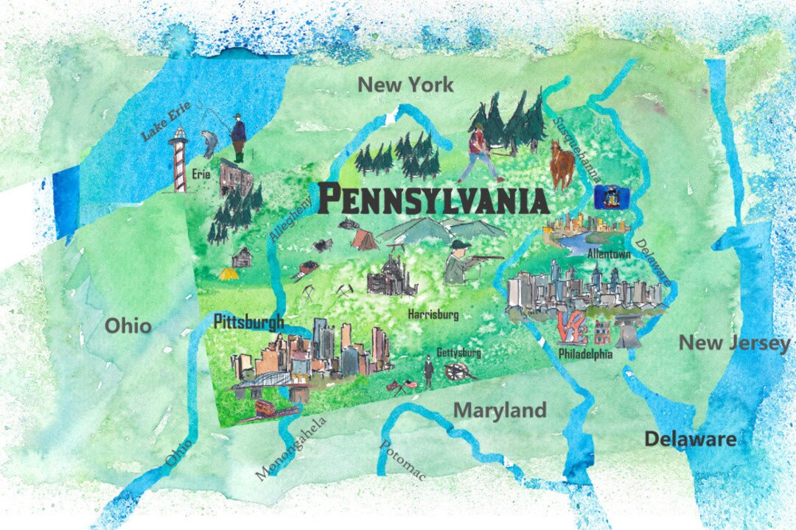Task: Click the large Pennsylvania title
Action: click(x=433, y=199)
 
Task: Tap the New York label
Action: click(x=405, y=85)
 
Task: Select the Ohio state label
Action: click(x=128, y=325)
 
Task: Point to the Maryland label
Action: click(x=500, y=411)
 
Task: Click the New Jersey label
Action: click(x=733, y=343)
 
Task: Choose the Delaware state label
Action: click(x=690, y=439)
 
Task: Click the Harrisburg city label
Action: click(x=433, y=314)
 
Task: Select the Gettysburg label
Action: click(x=458, y=353)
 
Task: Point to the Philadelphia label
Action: click(x=585, y=354)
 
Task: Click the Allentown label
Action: click(x=610, y=253)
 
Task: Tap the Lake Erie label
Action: click(x=167, y=121)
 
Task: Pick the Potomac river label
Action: click(x=402, y=460)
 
